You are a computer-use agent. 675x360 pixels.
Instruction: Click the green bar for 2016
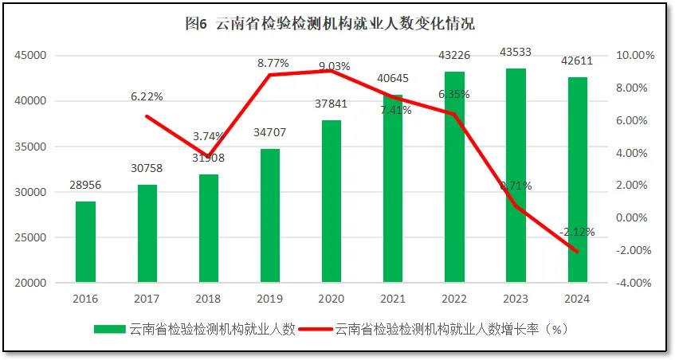86,241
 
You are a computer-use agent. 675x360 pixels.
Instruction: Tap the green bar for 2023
516,175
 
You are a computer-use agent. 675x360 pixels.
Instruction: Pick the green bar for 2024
578,179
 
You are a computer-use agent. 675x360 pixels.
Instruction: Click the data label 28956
84,185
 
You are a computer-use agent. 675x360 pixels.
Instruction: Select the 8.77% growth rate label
273,62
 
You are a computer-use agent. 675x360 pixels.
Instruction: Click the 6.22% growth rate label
147,96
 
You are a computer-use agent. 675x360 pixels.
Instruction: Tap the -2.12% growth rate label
577,232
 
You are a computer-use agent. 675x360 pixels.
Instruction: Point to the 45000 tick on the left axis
30,56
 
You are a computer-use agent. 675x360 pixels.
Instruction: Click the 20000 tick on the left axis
30,283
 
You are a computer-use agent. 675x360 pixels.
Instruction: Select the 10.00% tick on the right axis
634,56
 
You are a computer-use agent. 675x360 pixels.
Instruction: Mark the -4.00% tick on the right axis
634,283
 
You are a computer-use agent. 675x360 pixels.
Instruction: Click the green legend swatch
109,329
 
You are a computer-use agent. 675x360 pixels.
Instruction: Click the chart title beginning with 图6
329,24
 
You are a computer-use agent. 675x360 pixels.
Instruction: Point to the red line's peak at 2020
332,71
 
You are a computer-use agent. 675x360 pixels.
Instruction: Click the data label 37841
332,104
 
